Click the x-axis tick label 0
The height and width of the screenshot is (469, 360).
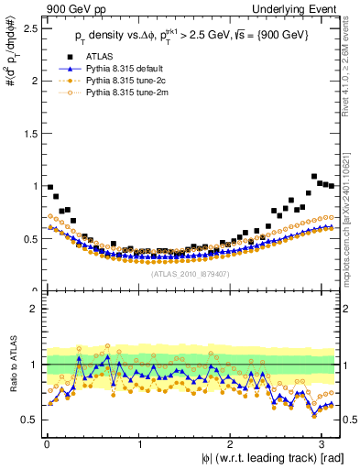tap(46, 444)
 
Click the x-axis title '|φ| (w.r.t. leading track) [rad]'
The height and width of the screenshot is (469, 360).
tap(267, 458)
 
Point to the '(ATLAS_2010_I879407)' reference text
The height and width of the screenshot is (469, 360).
tap(191, 272)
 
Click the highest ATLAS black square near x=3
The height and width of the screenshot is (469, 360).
tap(315, 176)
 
